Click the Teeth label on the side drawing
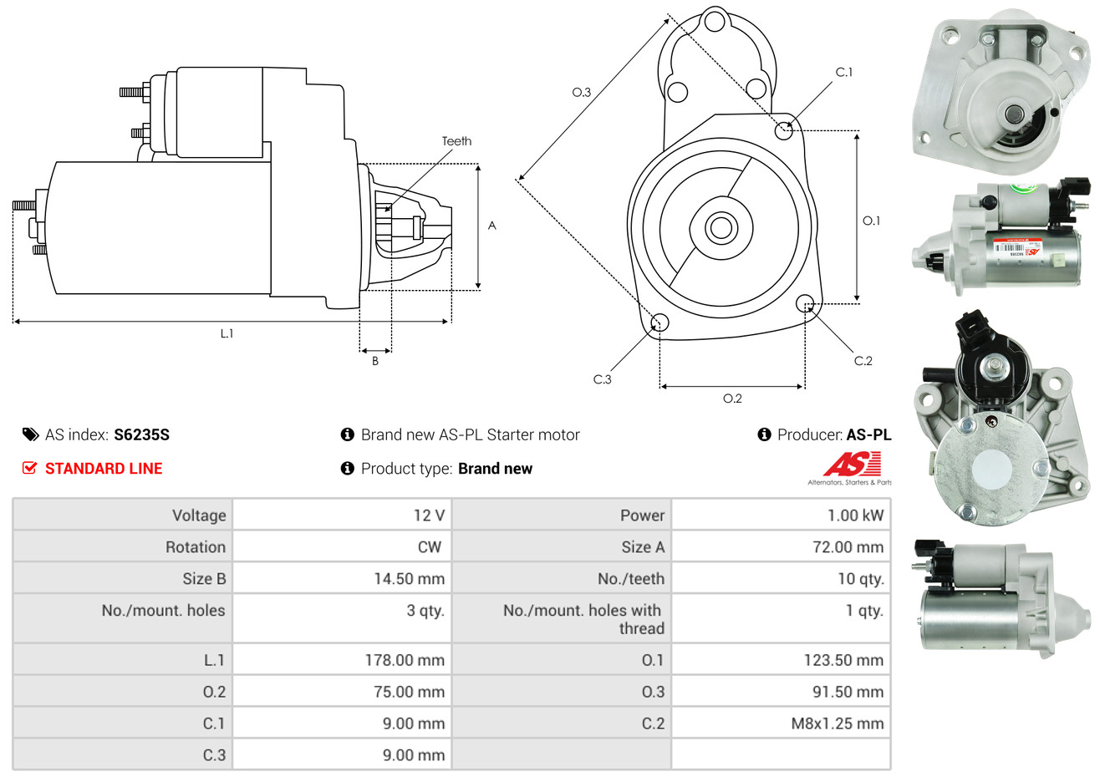[456, 141]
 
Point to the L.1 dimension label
[227, 333]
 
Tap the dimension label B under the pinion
[375, 361]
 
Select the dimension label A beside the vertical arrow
[492, 226]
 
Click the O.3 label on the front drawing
[581, 93]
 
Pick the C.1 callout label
[844, 73]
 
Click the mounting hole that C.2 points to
[805, 302]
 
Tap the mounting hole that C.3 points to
[659, 322]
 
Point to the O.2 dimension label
[732, 399]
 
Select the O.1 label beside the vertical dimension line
[871, 221]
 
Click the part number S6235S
[141, 434]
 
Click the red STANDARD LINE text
[104, 469]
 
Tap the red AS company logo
[852, 464]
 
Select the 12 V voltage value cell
[429, 515]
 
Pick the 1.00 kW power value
[855, 515]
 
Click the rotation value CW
[430, 547]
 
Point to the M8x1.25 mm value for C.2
[837, 724]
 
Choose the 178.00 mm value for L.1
[405, 660]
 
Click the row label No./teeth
[631, 579]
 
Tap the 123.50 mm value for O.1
[843, 660]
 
